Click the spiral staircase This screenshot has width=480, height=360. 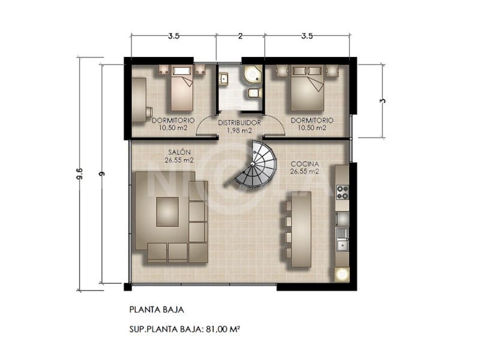click(256, 164)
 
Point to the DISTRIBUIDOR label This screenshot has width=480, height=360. click(239, 122)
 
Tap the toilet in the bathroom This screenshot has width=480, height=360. click(254, 93)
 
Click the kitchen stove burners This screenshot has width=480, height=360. click(343, 192)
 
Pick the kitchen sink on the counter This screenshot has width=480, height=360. click(343, 242)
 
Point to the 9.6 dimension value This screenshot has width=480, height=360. click(79, 174)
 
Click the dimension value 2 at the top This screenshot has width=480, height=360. click(240, 37)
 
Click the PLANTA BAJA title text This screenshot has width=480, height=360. click(156, 310)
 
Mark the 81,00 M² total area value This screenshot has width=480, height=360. click(222, 329)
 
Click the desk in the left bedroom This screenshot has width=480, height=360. click(139, 98)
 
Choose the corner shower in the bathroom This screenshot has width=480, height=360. click(253, 74)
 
